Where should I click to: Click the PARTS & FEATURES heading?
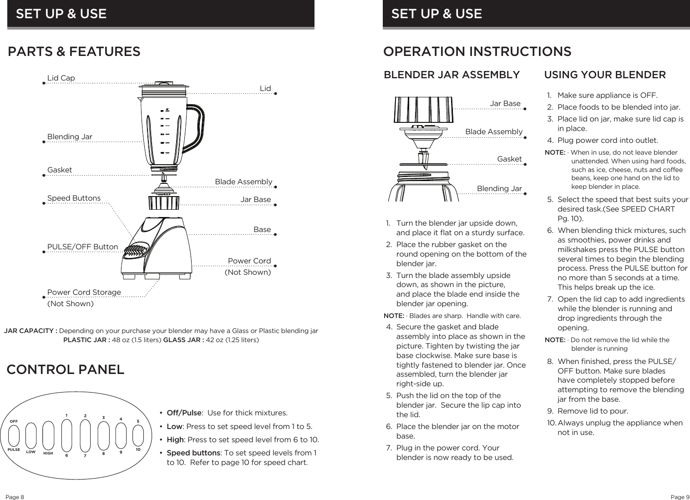(74, 52)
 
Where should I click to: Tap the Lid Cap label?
(61, 78)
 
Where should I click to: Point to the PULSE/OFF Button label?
(82, 247)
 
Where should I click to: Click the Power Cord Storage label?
(84, 292)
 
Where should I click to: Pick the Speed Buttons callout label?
(74, 198)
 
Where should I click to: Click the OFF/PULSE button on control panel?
(14, 435)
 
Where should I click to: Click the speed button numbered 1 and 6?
(66, 435)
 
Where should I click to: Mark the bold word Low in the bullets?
(174, 427)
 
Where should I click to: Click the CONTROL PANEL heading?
(66, 370)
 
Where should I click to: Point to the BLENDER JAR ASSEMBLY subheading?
(452, 75)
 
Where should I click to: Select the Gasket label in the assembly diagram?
(509, 159)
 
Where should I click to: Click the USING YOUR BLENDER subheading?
(605, 75)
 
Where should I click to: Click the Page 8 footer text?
(15, 497)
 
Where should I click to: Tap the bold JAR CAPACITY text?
(30, 331)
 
